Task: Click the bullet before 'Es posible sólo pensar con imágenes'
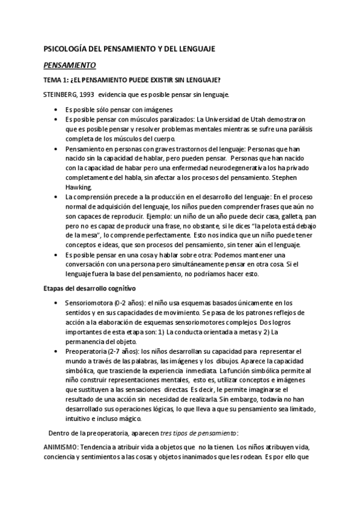pyautogui.click(x=55, y=109)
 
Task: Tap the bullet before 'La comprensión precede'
pyautogui.click(x=55, y=197)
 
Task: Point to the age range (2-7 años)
pyautogui.click(x=129, y=351)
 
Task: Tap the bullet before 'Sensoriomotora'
pyautogui.click(x=55, y=303)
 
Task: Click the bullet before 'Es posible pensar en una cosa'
pyautogui.click(x=55, y=255)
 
